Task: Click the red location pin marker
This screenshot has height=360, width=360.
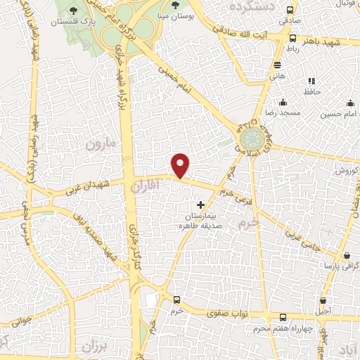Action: (181, 165)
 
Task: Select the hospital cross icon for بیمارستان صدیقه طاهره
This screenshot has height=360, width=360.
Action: (201, 205)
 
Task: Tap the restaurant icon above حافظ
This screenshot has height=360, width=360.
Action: (311, 80)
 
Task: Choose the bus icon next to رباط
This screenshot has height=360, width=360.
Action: (292, 39)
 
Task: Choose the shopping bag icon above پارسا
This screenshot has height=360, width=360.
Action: (346, 255)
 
